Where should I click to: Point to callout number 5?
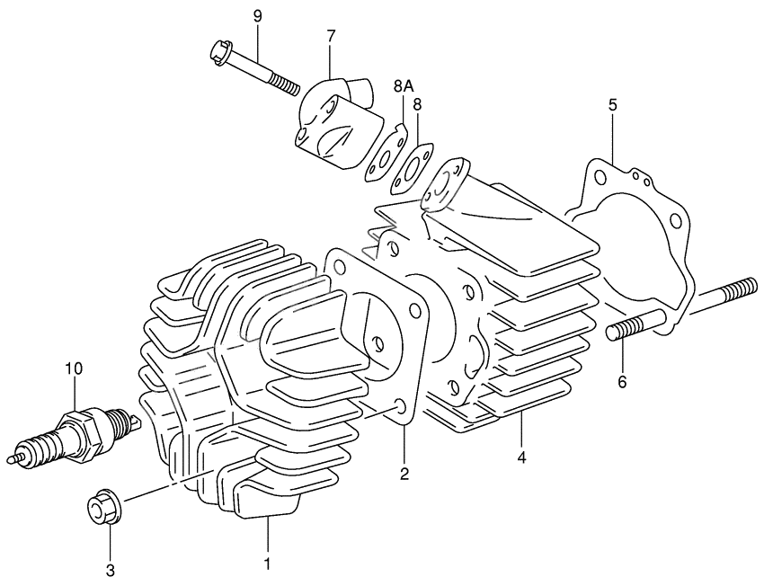612,104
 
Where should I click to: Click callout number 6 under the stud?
622,381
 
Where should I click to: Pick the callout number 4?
521,457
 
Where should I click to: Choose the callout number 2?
404,473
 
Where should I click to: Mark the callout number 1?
266,564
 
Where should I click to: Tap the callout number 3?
110,569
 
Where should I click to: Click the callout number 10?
73,368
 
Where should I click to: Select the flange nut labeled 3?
101,510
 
